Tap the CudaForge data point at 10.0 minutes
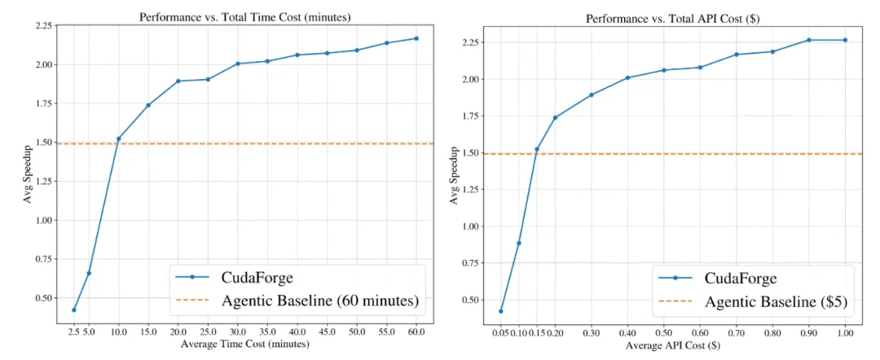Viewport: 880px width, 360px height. tap(118, 138)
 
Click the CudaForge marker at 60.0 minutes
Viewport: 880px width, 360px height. tap(416, 38)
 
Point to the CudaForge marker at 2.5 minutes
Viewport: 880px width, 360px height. tap(74, 310)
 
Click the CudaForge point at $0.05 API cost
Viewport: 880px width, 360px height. tap(500, 311)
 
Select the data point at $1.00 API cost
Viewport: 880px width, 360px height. tap(845, 40)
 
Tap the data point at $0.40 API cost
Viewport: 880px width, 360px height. tap(628, 77)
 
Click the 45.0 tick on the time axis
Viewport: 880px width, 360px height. tap(326, 333)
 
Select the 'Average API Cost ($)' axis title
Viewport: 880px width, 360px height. tap(672, 346)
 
